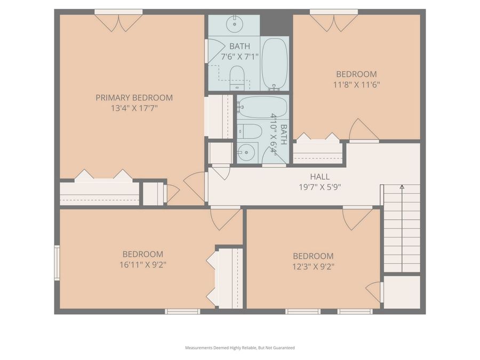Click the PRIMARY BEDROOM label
click(134, 98)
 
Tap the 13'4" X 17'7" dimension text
click(134, 108)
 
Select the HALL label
click(319, 177)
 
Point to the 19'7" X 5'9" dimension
click(319, 187)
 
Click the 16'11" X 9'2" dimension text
click(142, 265)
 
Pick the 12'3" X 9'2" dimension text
click(313, 266)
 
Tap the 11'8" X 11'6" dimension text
click(356, 84)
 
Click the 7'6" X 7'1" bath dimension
click(239, 57)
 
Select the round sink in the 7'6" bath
click(235, 24)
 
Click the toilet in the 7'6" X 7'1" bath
click(237, 78)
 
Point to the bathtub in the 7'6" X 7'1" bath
click(275, 64)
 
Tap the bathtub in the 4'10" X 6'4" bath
click(262, 107)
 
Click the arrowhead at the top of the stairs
click(402, 187)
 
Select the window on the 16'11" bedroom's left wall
click(57, 262)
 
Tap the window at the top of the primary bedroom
click(118, 12)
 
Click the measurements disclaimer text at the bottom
click(239, 348)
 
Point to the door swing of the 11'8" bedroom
click(363, 131)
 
